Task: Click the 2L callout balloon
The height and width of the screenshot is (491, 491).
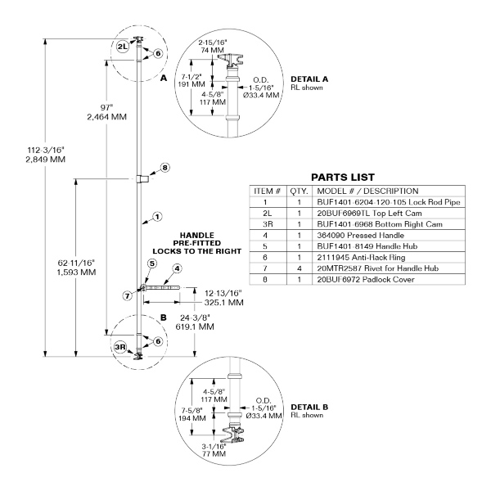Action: [x=123, y=47]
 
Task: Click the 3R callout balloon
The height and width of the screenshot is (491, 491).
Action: [x=120, y=347]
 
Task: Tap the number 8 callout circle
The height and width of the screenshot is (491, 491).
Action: [x=165, y=168]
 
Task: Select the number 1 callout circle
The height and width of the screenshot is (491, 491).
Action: [x=157, y=217]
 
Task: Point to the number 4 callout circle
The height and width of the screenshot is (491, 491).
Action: [x=178, y=268]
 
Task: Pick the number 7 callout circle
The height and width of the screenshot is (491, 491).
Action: [x=127, y=295]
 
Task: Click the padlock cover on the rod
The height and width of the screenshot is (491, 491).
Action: [x=142, y=178]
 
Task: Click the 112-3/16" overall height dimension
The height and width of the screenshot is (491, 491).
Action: [x=46, y=155]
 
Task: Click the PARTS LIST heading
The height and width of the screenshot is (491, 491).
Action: [x=343, y=178]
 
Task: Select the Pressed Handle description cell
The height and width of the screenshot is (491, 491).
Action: [x=360, y=235]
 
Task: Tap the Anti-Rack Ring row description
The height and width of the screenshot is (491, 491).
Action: [x=361, y=258]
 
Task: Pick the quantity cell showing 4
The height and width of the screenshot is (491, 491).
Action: [x=300, y=268]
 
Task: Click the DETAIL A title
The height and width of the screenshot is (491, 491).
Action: [x=309, y=79]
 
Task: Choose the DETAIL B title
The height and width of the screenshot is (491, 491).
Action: [x=309, y=407]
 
